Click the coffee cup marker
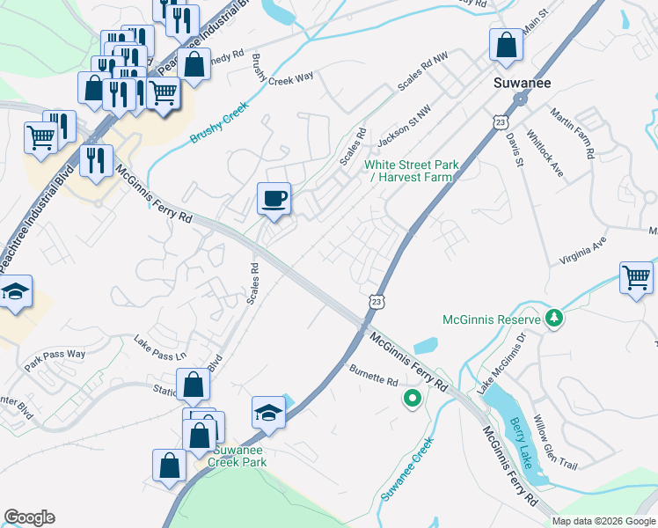[x=274, y=198]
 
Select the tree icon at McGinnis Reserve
[x=554, y=318]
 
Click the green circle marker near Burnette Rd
[x=411, y=400]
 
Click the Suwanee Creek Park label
[x=237, y=456]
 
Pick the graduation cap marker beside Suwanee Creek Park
[x=269, y=412]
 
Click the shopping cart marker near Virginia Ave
[x=636, y=278]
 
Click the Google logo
[x=29, y=517]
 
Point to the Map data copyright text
[x=603, y=520]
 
